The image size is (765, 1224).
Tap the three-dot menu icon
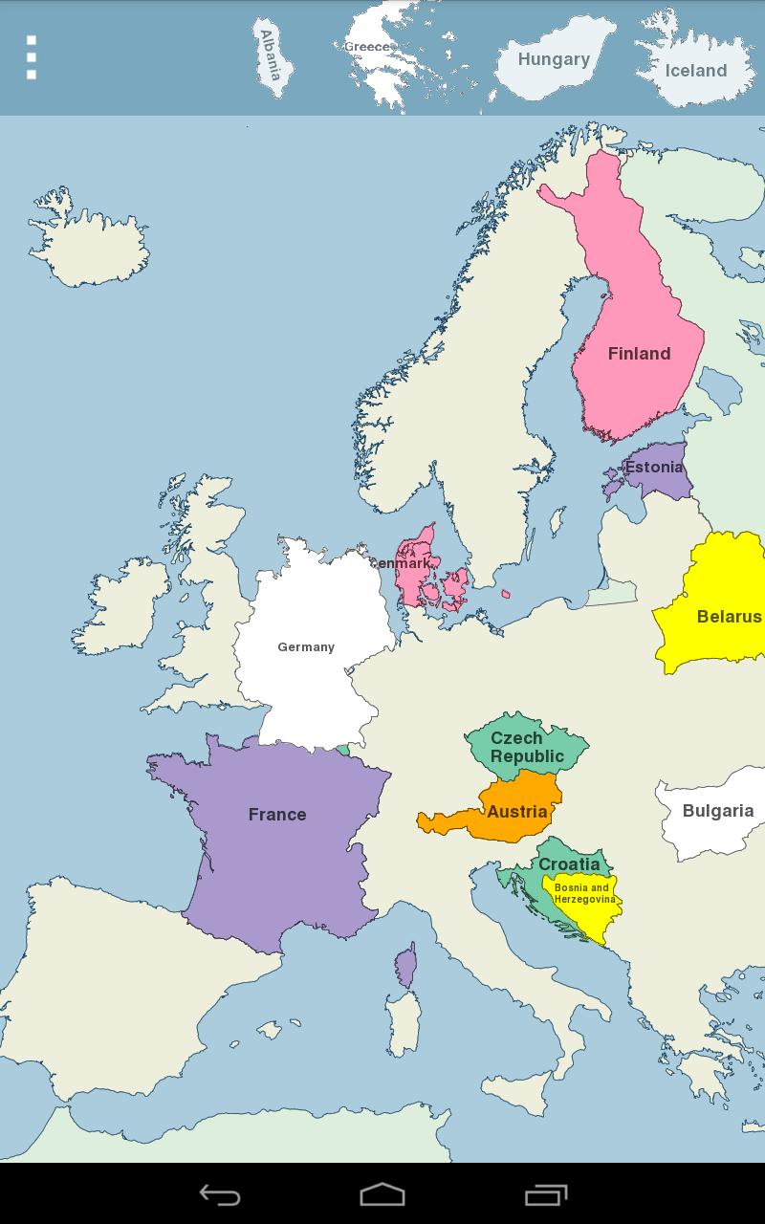coord(32,57)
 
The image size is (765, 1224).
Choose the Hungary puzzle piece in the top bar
coord(554,59)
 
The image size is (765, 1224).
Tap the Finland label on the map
coord(639,354)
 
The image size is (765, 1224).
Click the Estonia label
coord(654,468)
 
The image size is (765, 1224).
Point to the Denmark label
coord(402,564)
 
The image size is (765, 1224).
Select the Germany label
coord(306,647)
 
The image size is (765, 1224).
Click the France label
coord(277,815)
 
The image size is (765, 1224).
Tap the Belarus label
coord(729,617)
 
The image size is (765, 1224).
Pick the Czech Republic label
coord(527,747)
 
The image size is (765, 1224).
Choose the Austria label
coord(517,812)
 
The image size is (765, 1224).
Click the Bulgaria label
coord(718,811)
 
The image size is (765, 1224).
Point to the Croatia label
coord(569,864)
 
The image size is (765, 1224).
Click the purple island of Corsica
coord(406,966)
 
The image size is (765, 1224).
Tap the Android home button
coord(382,1194)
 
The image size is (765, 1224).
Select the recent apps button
coord(546,1194)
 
